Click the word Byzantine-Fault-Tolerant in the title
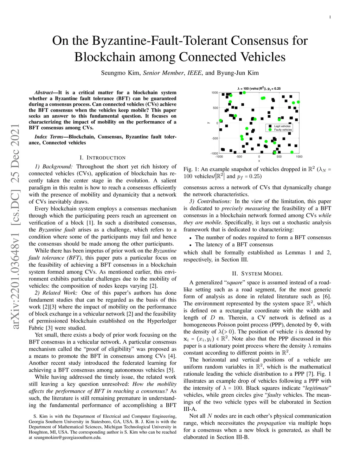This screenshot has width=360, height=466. (160, 41)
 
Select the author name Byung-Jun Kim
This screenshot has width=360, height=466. (238, 73)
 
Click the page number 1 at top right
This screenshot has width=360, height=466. (330, 17)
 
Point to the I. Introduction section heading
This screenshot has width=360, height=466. (102, 158)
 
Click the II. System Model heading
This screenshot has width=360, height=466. (257, 274)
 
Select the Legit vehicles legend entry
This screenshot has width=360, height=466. (282, 126)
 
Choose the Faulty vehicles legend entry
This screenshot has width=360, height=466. (283, 130)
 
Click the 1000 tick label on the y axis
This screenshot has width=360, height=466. (214, 93)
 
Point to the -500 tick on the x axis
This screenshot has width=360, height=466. (239, 157)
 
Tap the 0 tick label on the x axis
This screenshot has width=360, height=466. (259, 157)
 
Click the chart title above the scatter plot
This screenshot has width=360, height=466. (259, 89)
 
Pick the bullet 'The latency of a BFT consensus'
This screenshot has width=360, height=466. (234, 245)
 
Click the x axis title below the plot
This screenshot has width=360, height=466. (259, 161)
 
